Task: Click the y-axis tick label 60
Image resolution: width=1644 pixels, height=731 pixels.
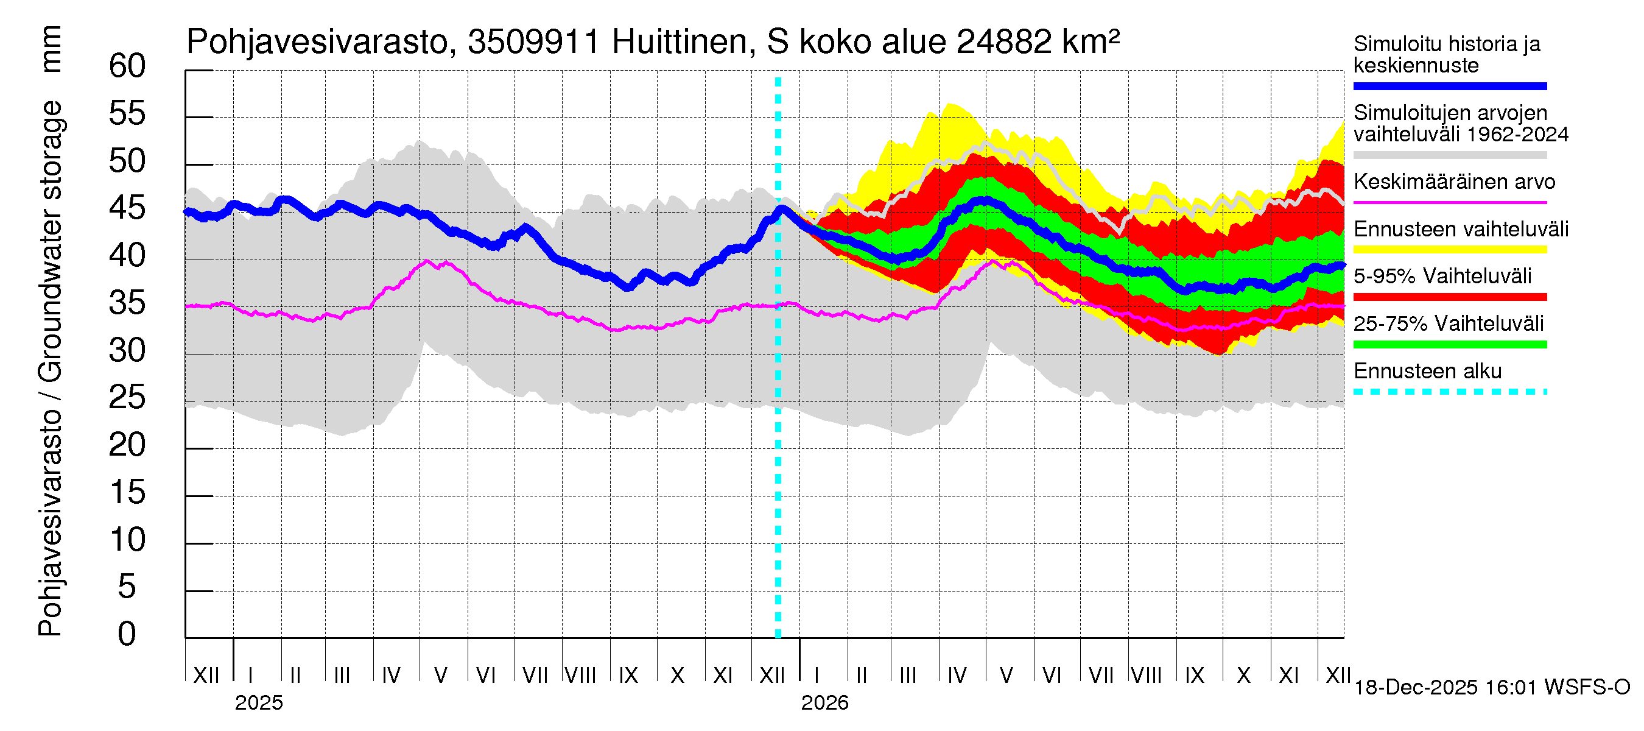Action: coord(127,66)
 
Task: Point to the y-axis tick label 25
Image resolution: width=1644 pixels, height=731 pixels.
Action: coord(127,398)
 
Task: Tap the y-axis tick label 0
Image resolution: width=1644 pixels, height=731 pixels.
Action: coord(127,635)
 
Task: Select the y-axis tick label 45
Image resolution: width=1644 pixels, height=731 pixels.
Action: coord(127,209)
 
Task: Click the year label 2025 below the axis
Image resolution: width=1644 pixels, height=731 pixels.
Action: coord(258,703)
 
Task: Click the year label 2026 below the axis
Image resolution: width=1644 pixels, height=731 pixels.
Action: coord(824,703)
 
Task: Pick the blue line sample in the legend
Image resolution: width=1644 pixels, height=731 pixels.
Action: coord(1449,86)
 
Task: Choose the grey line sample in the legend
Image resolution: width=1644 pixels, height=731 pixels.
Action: coord(1449,155)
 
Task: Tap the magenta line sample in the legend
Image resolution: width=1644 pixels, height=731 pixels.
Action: coord(1449,202)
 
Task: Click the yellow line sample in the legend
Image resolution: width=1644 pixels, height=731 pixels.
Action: coord(1449,250)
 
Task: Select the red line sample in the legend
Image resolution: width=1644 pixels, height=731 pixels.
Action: coord(1449,297)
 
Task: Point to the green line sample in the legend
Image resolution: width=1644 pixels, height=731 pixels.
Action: coord(1449,345)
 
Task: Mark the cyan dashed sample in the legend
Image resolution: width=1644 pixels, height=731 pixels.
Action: coord(1449,392)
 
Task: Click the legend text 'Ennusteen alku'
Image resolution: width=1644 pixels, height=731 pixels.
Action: coord(1427,372)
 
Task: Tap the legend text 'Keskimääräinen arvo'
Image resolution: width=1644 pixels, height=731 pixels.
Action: coord(1454,182)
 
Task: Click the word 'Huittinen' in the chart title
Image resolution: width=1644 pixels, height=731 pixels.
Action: coord(679,42)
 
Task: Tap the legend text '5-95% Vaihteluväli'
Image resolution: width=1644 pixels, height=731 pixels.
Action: coord(1442,277)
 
